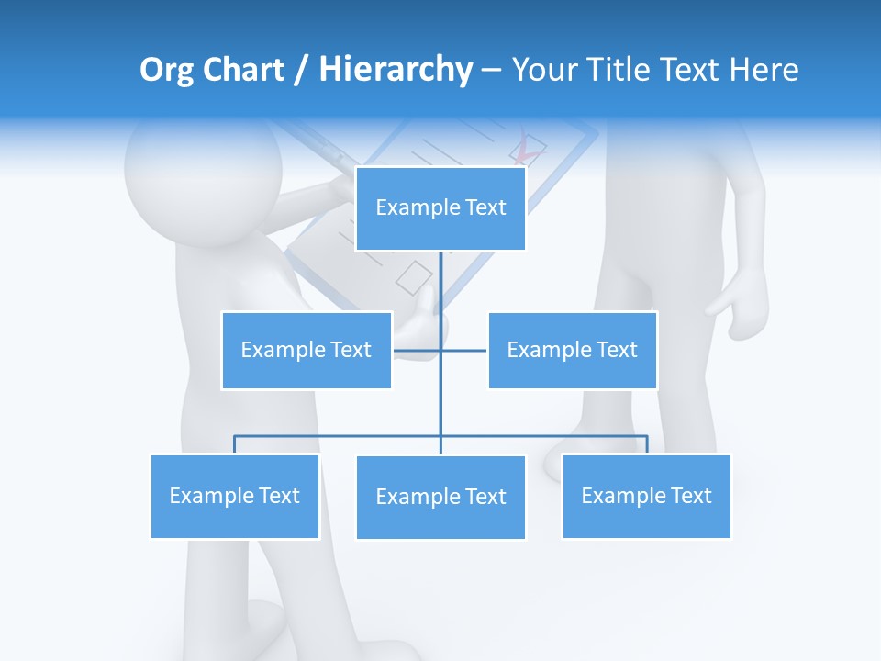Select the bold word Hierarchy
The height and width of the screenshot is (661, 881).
[396, 70]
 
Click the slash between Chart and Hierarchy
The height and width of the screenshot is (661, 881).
[300, 71]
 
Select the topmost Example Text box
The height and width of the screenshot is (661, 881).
[440, 208]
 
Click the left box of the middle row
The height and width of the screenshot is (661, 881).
[306, 350]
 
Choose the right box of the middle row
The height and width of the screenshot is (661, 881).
[572, 350]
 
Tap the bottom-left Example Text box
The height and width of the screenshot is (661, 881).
[234, 496]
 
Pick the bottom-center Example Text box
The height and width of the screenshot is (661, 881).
[440, 497]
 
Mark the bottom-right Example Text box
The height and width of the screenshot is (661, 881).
[646, 496]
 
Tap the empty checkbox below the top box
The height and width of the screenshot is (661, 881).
[414, 276]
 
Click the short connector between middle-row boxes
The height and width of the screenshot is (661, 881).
[463, 350]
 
